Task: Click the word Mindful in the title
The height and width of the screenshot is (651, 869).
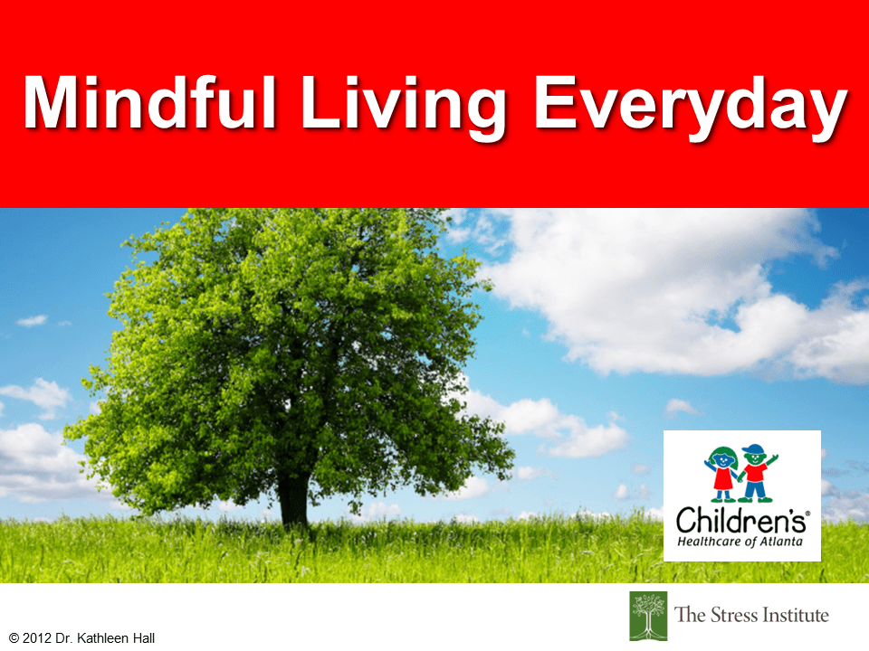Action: (x=149, y=102)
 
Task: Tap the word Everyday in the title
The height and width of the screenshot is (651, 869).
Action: (x=691, y=108)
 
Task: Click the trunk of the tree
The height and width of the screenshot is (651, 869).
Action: (x=293, y=498)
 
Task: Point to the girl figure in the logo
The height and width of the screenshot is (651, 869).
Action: (x=722, y=473)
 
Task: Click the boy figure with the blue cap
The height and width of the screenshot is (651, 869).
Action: (x=756, y=473)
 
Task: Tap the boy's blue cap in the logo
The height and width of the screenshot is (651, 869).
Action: (x=754, y=448)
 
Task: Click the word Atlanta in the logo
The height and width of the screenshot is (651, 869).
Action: (x=781, y=541)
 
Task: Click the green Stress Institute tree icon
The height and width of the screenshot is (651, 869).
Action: (x=648, y=616)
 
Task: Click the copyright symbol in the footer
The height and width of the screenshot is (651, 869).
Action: (x=14, y=638)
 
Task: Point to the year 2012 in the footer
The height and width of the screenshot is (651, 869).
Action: (x=37, y=638)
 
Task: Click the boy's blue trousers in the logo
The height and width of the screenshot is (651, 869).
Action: (x=755, y=489)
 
